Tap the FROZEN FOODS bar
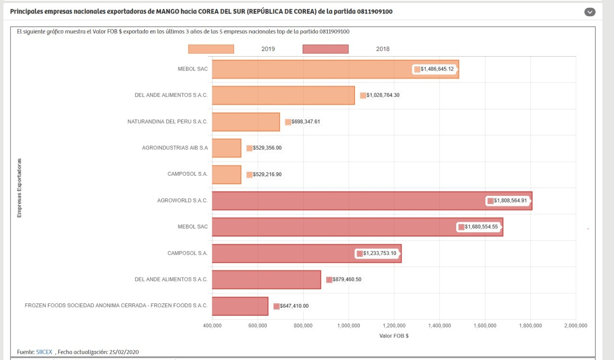point(240,306)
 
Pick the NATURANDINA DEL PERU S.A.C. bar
point(246,121)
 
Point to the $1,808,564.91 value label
point(509,201)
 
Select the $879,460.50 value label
point(344,279)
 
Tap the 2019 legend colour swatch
point(211,49)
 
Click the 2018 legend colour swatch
point(326,49)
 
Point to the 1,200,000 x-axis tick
point(394,325)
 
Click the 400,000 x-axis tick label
point(212,325)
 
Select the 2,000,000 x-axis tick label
point(576,325)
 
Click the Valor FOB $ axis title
point(394,336)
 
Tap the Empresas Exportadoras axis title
point(20,188)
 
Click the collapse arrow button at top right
point(590,12)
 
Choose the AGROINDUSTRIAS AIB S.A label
point(175,148)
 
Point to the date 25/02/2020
point(125,352)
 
